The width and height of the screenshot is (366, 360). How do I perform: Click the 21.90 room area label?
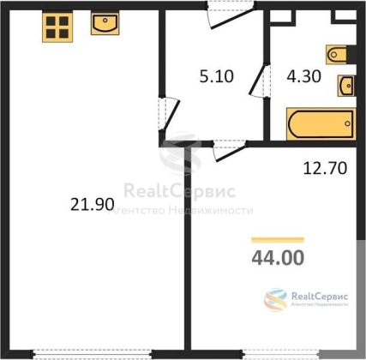point(93,205)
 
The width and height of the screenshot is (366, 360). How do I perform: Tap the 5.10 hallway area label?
point(217,76)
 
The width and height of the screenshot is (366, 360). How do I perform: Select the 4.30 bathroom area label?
point(304,76)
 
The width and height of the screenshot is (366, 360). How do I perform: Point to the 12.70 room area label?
point(325,168)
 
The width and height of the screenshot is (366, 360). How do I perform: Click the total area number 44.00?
point(278,257)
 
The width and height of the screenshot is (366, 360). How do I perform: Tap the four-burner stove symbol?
point(57,27)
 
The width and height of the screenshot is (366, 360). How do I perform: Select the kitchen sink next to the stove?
point(105,24)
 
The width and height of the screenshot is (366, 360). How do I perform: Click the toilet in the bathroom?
point(337,54)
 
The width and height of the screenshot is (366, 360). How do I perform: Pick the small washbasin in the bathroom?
point(346,86)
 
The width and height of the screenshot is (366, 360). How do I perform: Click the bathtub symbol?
point(321,124)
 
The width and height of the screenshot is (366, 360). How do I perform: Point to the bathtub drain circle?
point(347,123)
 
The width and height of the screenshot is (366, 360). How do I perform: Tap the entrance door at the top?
point(231,16)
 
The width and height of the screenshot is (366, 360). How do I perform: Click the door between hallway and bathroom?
point(260,81)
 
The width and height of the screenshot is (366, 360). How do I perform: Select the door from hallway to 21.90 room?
point(169,114)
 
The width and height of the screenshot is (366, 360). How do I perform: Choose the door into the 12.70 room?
point(230,150)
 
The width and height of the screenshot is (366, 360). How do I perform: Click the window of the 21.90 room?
point(92,354)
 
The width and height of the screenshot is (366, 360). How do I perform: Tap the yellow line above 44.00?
point(278,240)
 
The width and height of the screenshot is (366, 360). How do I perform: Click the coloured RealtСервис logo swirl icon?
point(275,300)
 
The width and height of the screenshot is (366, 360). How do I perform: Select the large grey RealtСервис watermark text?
point(180,191)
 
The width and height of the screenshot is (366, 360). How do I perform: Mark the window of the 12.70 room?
point(281,354)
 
